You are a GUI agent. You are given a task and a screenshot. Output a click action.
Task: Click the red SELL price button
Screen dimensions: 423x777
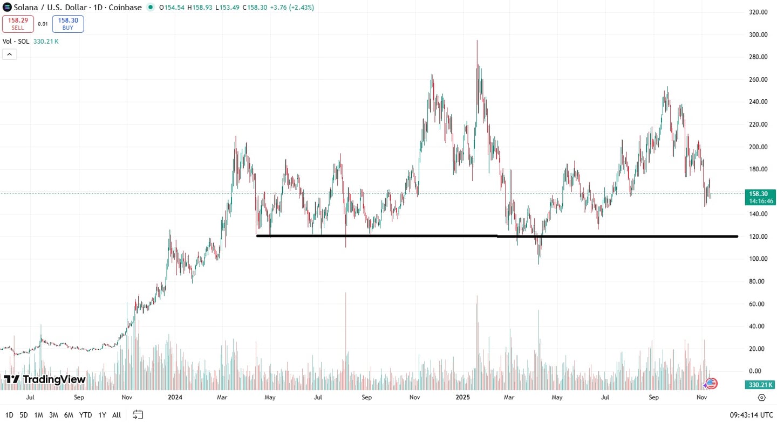[x=18, y=24]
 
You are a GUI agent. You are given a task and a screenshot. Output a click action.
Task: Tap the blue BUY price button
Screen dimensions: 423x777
[x=68, y=24]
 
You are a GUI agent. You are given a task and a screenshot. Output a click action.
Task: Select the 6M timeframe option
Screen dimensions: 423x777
[x=69, y=415]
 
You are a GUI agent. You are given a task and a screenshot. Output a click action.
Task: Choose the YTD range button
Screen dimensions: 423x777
[x=85, y=415]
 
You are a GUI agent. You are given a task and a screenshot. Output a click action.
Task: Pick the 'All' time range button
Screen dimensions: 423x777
[x=117, y=415]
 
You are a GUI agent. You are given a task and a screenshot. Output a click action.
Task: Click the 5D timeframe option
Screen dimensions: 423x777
[x=24, y=415]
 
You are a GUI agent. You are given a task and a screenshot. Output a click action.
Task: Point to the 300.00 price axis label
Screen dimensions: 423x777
[x=758, y=34]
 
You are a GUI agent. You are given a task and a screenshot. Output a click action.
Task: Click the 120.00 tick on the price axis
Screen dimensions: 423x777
[x=758, y=237]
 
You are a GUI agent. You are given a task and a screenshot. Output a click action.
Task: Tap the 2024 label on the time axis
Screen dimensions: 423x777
[x=175, y=398]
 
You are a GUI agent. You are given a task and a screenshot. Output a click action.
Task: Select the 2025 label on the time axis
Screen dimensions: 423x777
[x=463, y=398]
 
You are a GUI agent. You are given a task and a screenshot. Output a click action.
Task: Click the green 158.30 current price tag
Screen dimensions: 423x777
[x=761, y=193]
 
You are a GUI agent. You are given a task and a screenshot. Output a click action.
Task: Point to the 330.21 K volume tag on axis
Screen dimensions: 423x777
[x=761, y=385]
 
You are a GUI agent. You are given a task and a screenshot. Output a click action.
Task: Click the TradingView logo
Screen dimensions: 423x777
[x=45, y=379]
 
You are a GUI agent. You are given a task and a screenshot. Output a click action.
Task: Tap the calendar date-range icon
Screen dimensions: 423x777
[x=138, y=414]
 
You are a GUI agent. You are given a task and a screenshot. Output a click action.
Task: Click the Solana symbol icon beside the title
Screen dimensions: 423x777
[x=7, y=7]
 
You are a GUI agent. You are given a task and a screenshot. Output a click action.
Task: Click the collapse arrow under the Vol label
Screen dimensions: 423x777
[x=10, y=54]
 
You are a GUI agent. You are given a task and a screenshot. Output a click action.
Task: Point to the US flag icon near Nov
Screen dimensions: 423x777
[x=711, y=384]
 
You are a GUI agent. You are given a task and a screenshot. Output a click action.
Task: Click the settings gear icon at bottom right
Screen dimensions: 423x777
[x=761, y=398]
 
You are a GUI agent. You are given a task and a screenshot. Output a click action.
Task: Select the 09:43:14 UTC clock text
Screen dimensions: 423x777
[x=751, y=415]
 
